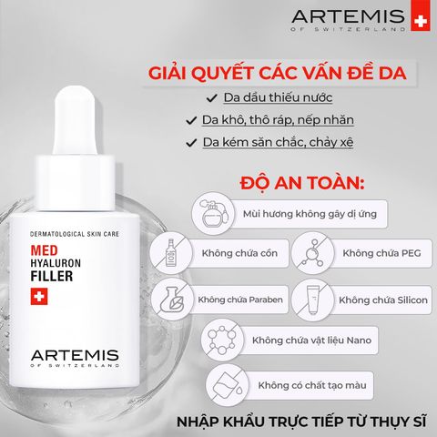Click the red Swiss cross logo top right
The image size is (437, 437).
click(x=419, y=21)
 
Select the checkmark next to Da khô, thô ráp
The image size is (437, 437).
click(x=191, y=119)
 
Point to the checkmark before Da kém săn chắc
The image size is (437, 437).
click(x=191, y=142)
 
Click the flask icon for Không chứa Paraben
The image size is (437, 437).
click(x=170, y=298)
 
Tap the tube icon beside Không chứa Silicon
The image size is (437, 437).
click(x=311, y=298)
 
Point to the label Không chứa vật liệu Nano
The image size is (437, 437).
click(x=304, y=341)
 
